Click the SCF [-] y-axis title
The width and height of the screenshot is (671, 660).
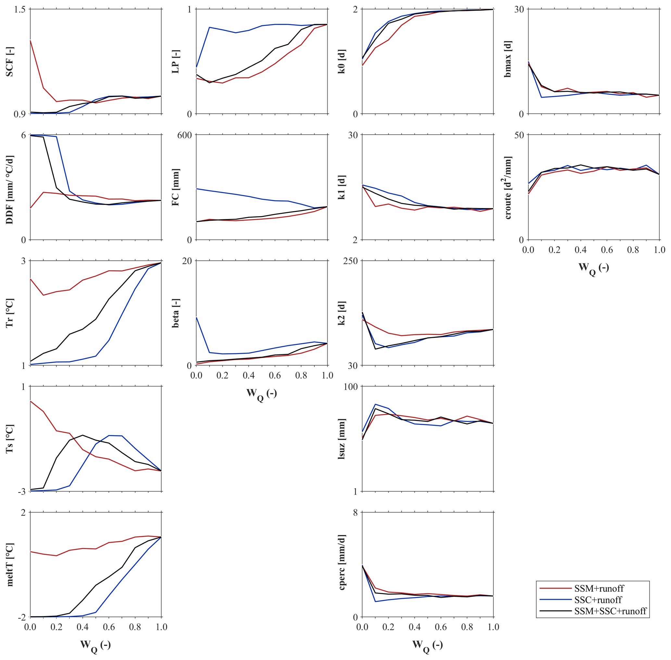click(x=9, y=61)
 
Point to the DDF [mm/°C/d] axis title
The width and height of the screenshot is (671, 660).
click(x=9, y=189)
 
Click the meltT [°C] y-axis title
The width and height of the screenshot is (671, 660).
click(x=9, y=565)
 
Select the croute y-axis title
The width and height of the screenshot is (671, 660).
click(x=508, y=188)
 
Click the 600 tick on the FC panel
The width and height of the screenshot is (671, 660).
click(x=184, y=135)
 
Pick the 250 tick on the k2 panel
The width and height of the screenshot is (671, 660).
click(x=350, y=261)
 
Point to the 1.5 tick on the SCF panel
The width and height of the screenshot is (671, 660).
click(x=20, y=9)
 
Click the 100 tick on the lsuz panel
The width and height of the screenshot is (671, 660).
click(x=350, y=387)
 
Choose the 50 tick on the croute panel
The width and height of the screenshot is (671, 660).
click(x=519, y=135)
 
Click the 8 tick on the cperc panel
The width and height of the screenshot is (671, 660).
click(x=355, y=513)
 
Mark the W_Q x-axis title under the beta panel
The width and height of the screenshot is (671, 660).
click(x=261, y=394)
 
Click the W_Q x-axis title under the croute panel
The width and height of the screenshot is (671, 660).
click(x=594, y=268)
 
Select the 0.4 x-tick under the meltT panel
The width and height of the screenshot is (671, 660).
click(x=82, y=627)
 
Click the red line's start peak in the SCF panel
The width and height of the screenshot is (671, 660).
click(x=31, y=41)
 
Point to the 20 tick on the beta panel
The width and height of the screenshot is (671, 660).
click(x=187, y=261)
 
